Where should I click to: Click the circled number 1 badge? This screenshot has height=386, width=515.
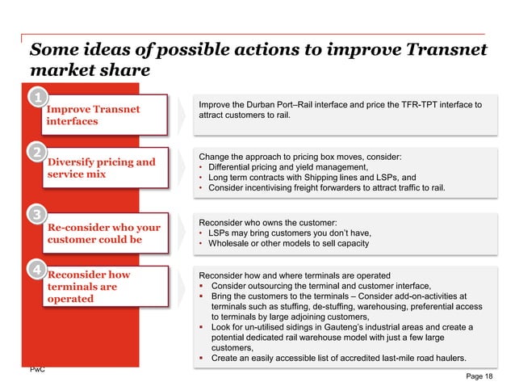point(37,99)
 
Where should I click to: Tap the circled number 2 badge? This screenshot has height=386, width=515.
point(37,152)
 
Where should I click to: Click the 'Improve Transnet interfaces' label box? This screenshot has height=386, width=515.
point(105,115)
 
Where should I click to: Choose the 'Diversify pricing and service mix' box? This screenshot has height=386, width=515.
point(105,168)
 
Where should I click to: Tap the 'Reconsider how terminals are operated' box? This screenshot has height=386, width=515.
point(105,287)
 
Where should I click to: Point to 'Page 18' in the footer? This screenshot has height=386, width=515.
point(482,376)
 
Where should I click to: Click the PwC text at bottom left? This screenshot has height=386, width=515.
point(36,369)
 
